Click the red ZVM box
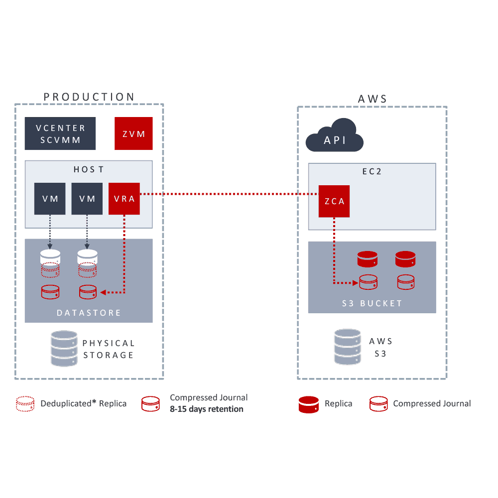point(133,133)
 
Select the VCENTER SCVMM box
point(60,133)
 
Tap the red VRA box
point(124,199)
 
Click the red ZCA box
point(334,201)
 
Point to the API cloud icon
point(335,136)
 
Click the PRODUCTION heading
point(89,97)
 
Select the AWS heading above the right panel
point(372,99)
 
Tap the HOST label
point(89,170)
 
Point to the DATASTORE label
point(89,313)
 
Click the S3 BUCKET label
point(372,303)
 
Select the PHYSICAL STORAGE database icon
point(64,349)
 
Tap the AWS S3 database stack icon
point(348,347)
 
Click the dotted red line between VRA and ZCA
point(229,194)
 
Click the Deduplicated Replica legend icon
point(25,404)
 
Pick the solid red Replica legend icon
point(308,404)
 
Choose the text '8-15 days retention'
point(207,409)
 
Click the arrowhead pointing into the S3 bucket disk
point(355,283)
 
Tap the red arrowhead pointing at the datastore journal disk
point(103,292)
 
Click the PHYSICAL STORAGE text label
point(109,349)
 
